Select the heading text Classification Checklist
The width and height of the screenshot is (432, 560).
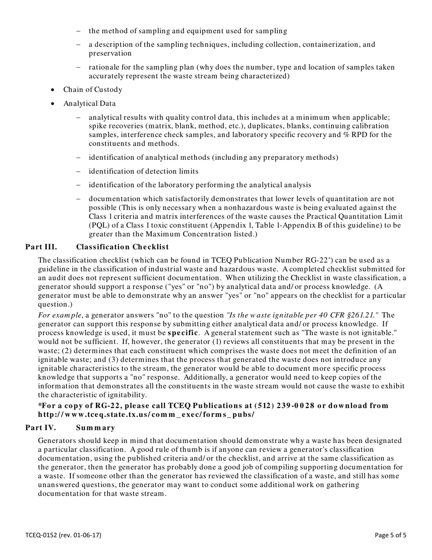point(122,247)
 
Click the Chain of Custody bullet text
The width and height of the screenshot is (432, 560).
point(93,90)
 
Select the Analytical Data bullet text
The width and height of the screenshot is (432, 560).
point(90,103)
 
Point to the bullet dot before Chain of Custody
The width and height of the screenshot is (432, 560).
point(53,90)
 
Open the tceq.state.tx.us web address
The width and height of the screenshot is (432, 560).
point(146,415)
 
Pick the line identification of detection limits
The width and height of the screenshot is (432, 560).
point(143,171)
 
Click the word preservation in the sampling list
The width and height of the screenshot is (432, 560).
point(110,54)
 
